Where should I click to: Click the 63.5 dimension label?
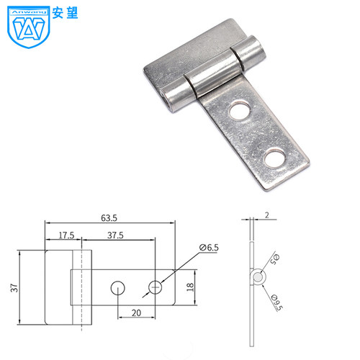pyautogui.click(x=109, y=218)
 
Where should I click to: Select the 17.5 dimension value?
pyautogui.click(x=66, y=235)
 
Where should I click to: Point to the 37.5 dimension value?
pyautogui.click(x=115, y=235)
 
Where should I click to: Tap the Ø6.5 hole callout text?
pyautogui.click(x=209, y=248)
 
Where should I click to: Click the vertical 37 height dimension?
pyautogui.click(x=14, y=288)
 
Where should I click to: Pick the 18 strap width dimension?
pyautogui.click(x=190, y=287)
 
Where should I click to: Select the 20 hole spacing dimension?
pyautogui.click(x=136, y=313)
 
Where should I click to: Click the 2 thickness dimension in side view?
pyautogui.click(x=267, y=215)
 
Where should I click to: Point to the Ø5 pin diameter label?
pyautogui.click(x=274, y=259)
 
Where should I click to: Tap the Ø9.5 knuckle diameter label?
pyautogui.click(x=277, y=302)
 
